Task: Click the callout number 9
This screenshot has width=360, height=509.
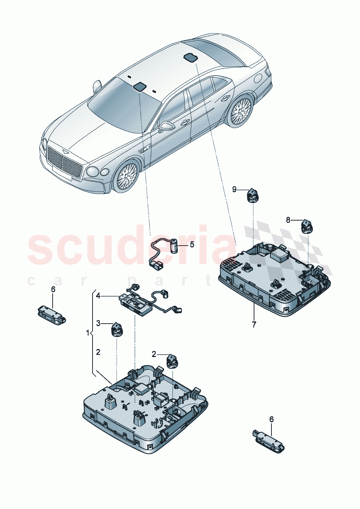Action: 234,189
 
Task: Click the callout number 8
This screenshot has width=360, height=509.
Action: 288,220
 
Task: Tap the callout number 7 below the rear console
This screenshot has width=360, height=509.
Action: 254,325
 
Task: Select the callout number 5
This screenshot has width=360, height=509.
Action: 192,245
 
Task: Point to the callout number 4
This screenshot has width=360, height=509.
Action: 98,296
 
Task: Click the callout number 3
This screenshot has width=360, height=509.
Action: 98,323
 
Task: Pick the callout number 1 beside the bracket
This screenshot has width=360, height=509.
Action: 87,333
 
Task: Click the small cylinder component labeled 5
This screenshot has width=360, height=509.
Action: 176,246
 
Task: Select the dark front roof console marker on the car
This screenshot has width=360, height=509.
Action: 140,87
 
